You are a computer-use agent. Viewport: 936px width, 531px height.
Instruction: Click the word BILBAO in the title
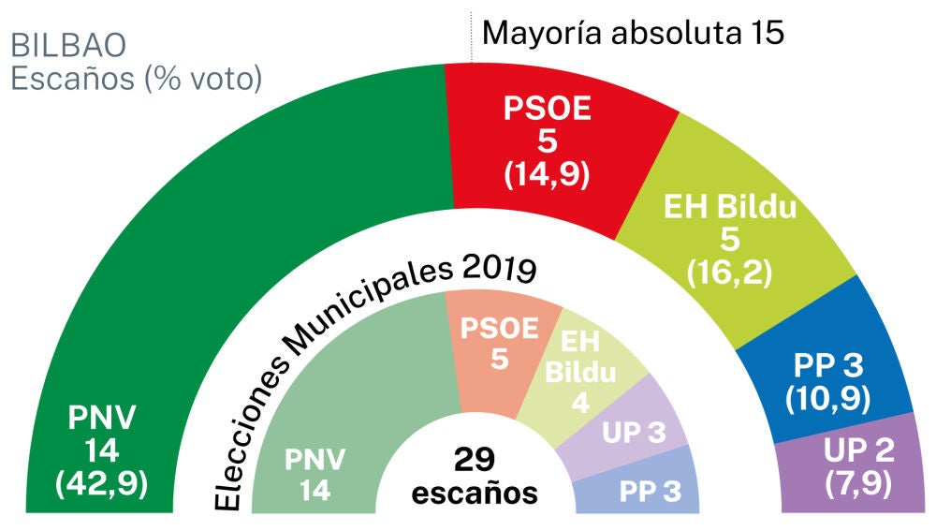coord(67,46)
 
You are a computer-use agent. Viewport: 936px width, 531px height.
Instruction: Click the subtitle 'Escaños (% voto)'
coord(136,80)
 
